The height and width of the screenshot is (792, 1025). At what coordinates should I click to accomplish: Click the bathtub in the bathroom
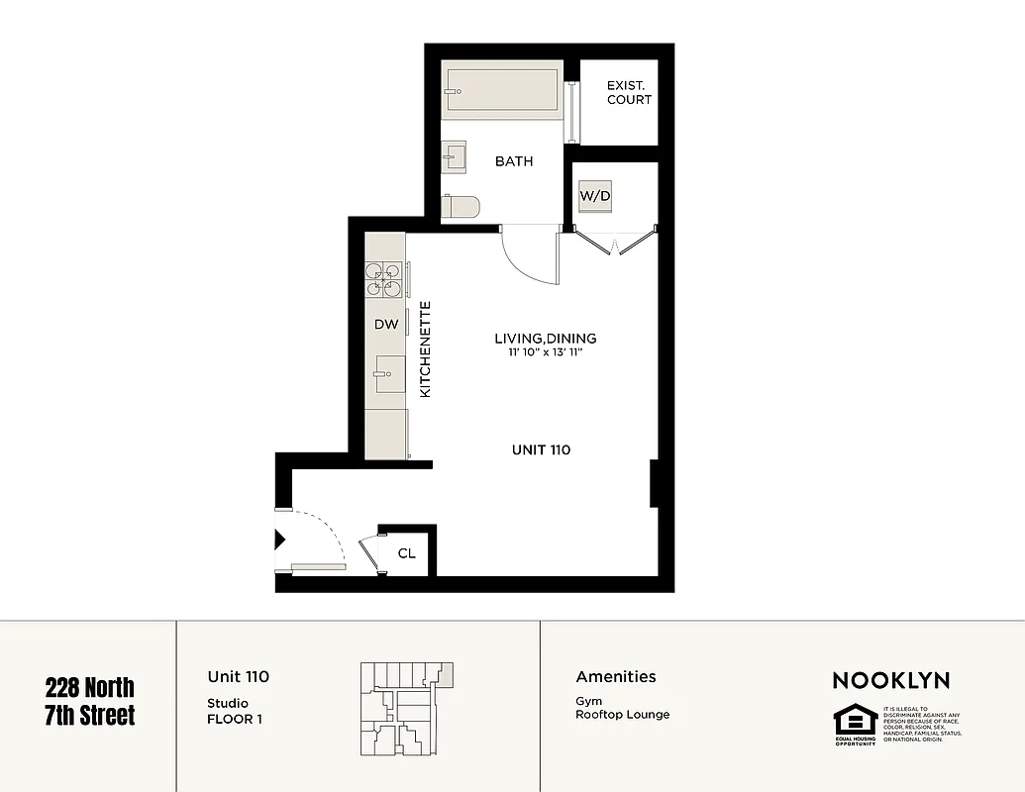tap(502, 90)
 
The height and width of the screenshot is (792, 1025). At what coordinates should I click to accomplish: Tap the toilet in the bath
tap(461, 207)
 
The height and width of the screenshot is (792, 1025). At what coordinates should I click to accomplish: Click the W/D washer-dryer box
tap(594, 196)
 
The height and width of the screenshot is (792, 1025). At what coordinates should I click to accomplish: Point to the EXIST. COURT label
tap(629, 93)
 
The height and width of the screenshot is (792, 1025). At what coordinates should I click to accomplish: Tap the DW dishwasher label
tap(385, 324)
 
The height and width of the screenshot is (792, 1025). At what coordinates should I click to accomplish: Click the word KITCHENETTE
tap(425, 349)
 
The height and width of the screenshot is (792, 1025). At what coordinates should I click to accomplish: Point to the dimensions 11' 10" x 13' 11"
tap(545, 352)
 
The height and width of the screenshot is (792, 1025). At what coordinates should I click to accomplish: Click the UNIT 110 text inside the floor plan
tap(541, 449)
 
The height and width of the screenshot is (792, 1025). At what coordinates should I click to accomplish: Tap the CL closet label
tap(406, 553)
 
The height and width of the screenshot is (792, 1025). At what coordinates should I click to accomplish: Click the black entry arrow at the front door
tap(279, 540)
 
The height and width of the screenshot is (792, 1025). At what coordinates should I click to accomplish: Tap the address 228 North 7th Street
tap(89, 701)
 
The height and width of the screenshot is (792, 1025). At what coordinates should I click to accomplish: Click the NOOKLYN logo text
tap(890, 680)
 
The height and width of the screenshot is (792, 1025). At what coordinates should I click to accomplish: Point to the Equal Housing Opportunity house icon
tap(854, 720)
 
